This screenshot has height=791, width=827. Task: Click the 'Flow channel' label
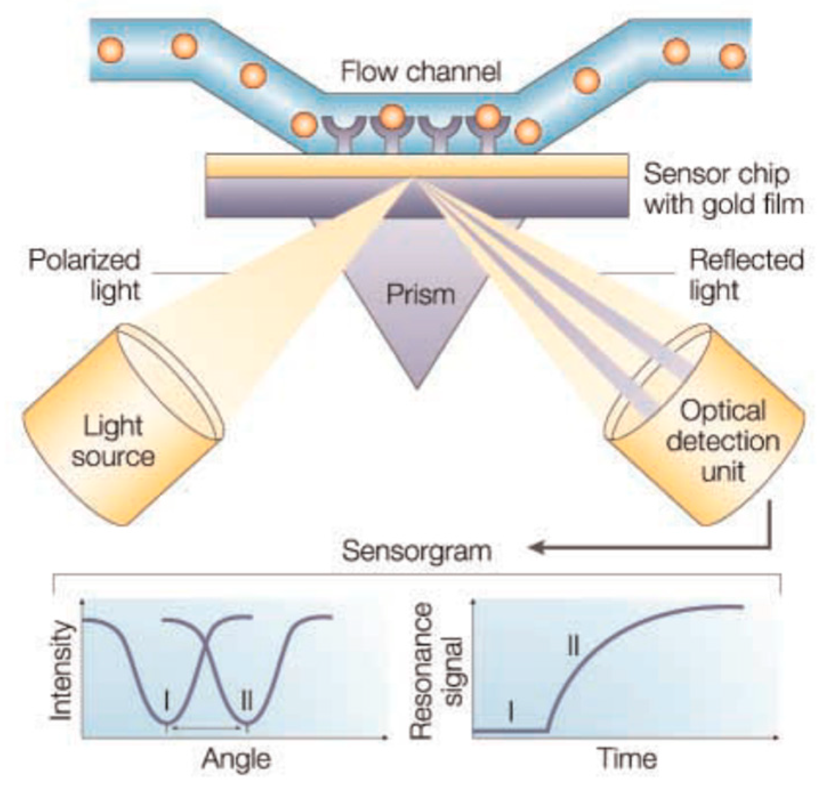click(421, 72)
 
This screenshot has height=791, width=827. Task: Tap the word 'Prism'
click(420, 295)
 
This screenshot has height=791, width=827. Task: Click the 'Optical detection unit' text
click(723, 441)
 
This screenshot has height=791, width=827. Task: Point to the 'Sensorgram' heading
click(417, 551)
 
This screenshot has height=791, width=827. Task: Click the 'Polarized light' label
click(84, 275)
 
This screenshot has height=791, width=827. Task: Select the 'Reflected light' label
click(745, 275)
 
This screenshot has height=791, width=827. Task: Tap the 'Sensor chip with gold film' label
click(724, 189)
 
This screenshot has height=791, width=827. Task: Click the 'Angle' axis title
click(236, 759)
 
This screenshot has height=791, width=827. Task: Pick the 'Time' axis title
click(627, 759)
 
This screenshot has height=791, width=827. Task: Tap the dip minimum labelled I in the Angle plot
click(167, 723)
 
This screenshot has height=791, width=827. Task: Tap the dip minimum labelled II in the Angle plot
click(247, 723)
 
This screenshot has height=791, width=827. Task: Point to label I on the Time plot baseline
click(510, 711)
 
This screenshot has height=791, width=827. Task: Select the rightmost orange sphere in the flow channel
click(732, 56)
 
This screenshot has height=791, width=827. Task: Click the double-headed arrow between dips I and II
click(206, 728)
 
